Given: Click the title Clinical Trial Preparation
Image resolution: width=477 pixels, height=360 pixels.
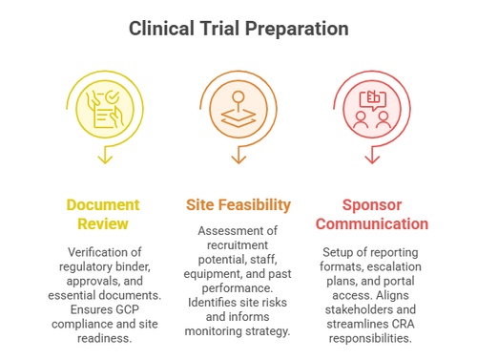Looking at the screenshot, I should (x=238, y=29).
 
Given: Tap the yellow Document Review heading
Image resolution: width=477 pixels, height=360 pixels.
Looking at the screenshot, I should (x=103, y=214).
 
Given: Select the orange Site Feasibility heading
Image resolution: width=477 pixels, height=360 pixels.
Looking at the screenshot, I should (x=238, y=205).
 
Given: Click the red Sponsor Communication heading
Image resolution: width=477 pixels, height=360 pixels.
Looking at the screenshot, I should (x=373, y=214).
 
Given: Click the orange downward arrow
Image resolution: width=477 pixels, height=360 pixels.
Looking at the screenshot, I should (x=238, y=155).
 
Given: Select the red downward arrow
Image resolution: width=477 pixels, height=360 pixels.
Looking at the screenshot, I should (x=373, y=155).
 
